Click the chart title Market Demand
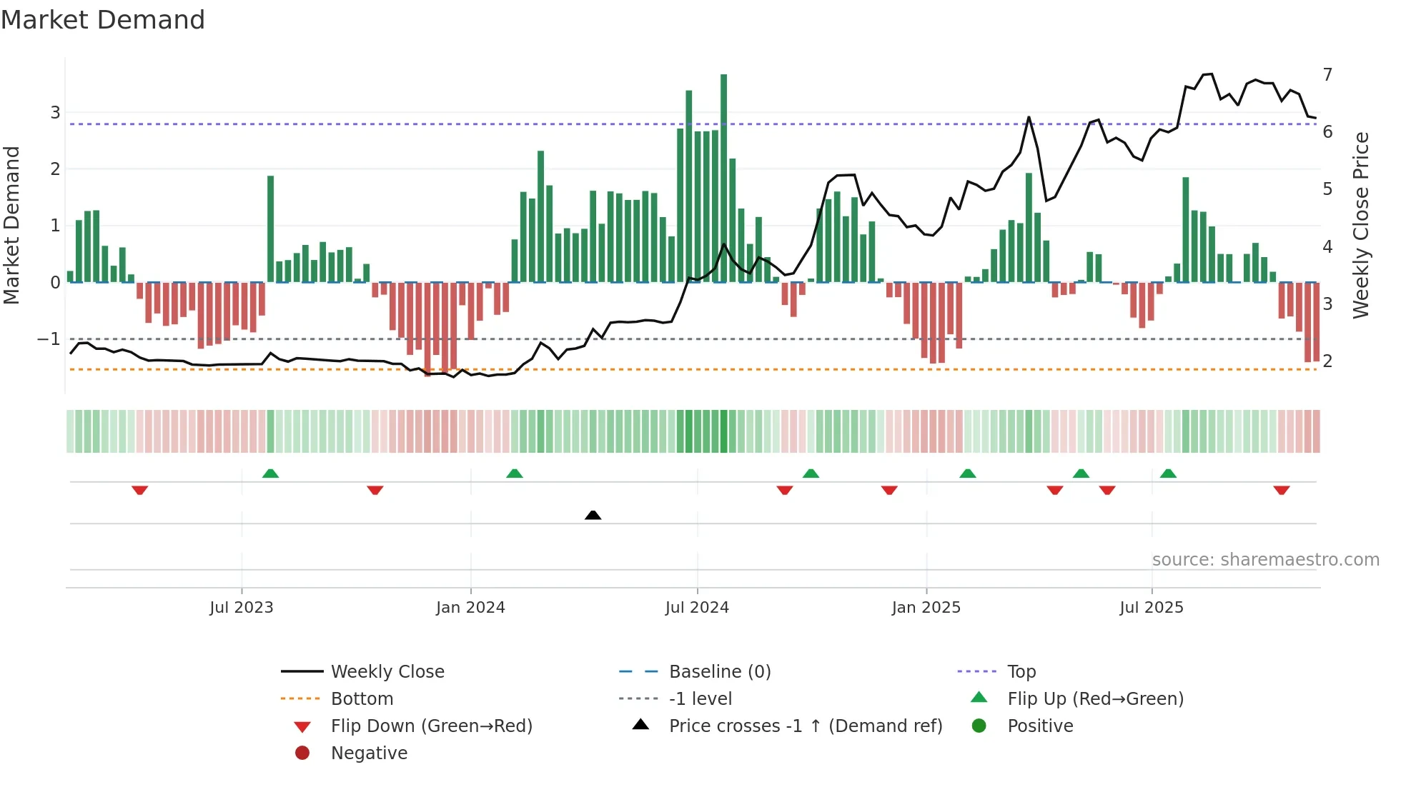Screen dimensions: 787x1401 [x=103, y=20]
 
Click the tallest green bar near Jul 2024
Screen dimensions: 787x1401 [x=723, y=179]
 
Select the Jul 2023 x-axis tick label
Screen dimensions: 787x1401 [x=242, y=608]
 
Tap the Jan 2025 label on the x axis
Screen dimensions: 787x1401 [x=926, y=608]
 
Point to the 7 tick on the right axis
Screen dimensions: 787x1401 [x=1327, y=75]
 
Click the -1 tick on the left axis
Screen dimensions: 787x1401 [x=49, y=339]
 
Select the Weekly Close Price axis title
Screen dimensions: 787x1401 [x=1361, y=225]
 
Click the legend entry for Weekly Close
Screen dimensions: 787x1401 [x=387, y=672]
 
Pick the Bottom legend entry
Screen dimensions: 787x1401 [x=362, y=699]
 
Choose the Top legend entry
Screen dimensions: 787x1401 [x=1021, y=672]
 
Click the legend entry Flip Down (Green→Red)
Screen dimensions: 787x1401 [x=431, y=726]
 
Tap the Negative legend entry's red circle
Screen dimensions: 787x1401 [x=302, y=753]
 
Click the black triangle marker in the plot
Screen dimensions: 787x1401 [x=593, y=515]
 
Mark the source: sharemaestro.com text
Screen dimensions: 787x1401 [x=1265, y=560]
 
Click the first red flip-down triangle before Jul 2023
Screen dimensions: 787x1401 [x=140, y=490]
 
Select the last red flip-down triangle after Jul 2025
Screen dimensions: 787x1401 [x=1281, y=490]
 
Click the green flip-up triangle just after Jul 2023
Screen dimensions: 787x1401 [x=270, y=473]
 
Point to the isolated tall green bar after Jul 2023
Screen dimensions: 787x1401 [x=270, y=229]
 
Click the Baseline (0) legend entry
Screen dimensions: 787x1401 [x=719, y=672]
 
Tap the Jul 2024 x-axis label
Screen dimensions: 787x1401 [x=697, y=608]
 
